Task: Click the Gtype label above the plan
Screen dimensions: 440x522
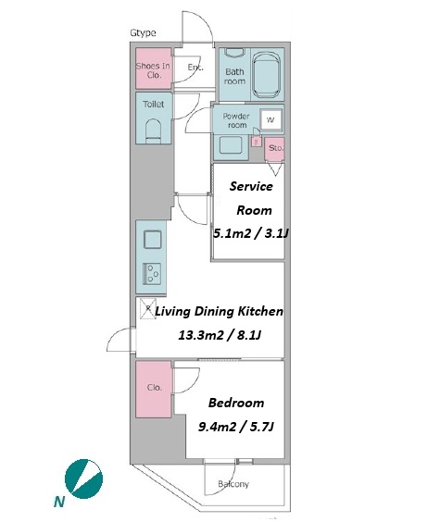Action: pos(143,33)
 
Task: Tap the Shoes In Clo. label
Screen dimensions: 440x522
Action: pos(153,70)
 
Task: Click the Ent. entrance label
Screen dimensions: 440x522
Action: pos(195,68)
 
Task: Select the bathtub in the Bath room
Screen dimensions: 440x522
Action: pos(266,74)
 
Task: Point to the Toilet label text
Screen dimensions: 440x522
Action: pos(153,105)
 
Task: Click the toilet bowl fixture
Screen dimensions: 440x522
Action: pos(153,130)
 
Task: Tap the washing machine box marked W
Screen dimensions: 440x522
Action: pos(270,119)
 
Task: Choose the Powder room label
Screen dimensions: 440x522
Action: pos(236,120)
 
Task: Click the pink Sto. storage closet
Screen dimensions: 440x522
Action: pos(274,149)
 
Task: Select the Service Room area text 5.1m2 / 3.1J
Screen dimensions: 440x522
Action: pos(250,233)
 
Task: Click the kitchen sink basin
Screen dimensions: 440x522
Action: pos(153,240)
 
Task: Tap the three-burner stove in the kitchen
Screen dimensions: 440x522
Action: pos(152,274)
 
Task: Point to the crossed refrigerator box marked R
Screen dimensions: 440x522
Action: pos(147,308)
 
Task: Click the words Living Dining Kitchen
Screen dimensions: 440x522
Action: pos(220,312)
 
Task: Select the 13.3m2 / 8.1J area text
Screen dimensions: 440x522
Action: pos(220,335)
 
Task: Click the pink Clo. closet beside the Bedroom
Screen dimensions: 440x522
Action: pos(154,389)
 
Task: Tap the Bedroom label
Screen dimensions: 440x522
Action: pos(236,403)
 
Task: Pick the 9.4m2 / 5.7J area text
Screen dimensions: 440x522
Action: pos(236,427)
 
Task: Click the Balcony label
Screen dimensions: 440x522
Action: pos(233,484)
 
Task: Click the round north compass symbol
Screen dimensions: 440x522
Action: pos(83,478)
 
